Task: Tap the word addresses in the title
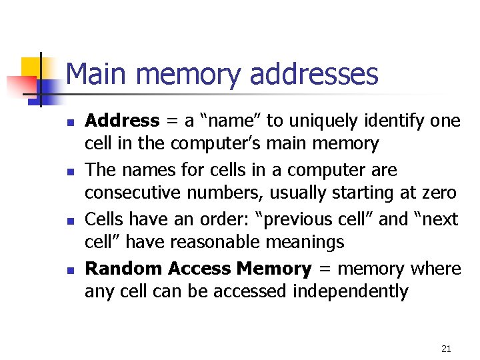coord(313,74)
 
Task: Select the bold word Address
coord(123,121)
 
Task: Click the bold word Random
coord(124,269)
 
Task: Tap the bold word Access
coord(199,269)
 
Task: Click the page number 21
coord(446,348)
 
